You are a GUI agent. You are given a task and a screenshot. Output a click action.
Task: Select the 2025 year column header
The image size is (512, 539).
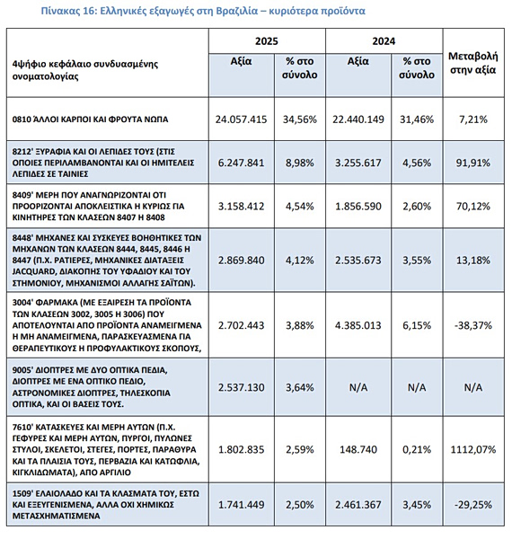(267, 41)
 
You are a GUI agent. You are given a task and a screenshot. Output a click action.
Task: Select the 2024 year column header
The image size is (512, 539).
(384, 41)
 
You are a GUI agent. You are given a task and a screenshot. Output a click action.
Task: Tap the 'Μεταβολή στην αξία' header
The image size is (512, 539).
(473, 63)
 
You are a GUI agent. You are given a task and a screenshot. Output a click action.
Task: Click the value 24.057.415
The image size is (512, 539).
(242, 119)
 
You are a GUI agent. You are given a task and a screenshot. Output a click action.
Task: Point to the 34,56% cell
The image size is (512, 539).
(300, 119)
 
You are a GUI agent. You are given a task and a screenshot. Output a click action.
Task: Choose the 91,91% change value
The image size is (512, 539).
(473, 163)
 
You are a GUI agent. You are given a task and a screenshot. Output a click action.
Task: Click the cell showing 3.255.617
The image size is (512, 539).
(358, 163)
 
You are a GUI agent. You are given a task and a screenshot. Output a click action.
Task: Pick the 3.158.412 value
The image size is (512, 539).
(242, 207)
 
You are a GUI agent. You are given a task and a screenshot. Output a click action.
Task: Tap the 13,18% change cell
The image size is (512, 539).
(473, 261)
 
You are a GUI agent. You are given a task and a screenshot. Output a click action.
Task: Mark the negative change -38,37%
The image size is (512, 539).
(473, 325)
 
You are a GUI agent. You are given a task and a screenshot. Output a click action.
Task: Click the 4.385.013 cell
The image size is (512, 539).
(358, 325)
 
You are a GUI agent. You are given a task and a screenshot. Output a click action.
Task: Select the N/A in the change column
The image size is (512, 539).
(473, 387)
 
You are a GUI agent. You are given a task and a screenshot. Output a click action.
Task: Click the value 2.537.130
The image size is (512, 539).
(242, 387)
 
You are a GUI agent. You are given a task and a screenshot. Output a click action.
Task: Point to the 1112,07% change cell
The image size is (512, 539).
(473, 449)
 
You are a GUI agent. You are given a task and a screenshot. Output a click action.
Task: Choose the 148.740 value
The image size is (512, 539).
(358, 449)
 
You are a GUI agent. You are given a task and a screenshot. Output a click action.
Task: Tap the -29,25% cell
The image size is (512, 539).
(473, 505)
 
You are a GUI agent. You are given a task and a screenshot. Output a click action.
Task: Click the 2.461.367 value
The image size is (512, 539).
(358, 505)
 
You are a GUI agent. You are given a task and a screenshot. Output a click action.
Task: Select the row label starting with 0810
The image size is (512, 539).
(90, 119)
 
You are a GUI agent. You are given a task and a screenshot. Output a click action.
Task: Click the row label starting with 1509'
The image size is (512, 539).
(105, 505)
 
